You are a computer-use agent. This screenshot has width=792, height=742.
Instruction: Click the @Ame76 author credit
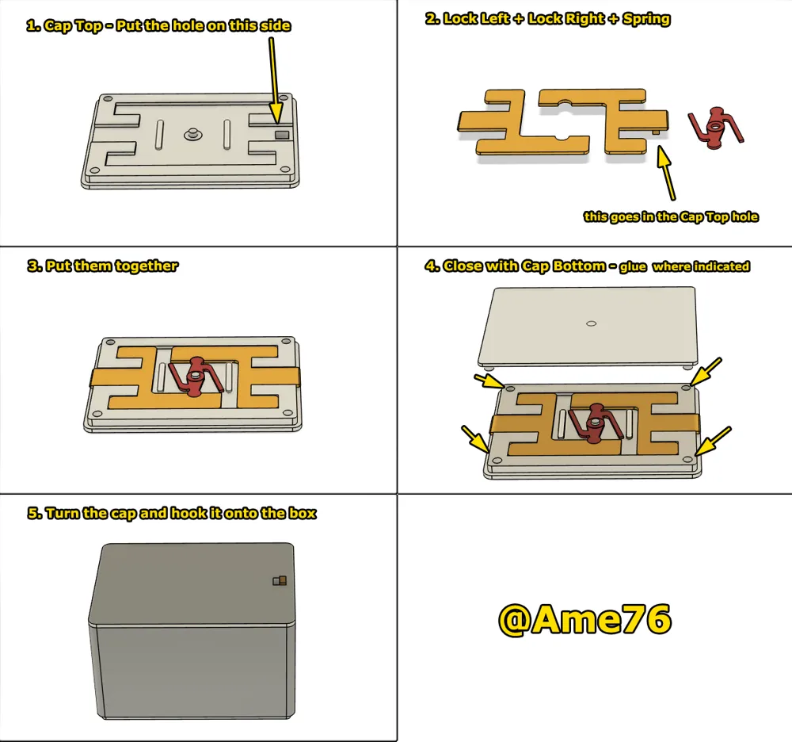tap(584, 619)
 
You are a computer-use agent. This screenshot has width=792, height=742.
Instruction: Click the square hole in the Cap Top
tap(281, 135)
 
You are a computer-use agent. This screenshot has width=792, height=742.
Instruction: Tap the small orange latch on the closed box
tap(279, 580)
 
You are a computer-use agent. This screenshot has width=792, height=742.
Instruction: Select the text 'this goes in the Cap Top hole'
tap(671, 216)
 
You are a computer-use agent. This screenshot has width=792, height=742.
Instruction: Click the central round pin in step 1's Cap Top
tap(192, 135)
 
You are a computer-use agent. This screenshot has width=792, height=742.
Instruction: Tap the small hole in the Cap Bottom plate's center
tap(591, 323)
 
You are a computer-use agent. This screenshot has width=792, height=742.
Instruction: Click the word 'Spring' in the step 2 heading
tap(647, 19)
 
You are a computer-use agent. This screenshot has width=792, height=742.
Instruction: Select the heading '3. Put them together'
tap(102, 266)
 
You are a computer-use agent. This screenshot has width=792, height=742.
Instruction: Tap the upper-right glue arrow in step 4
tap(706, 370)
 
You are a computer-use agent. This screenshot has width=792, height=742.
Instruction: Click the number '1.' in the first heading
tap(33, 25)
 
